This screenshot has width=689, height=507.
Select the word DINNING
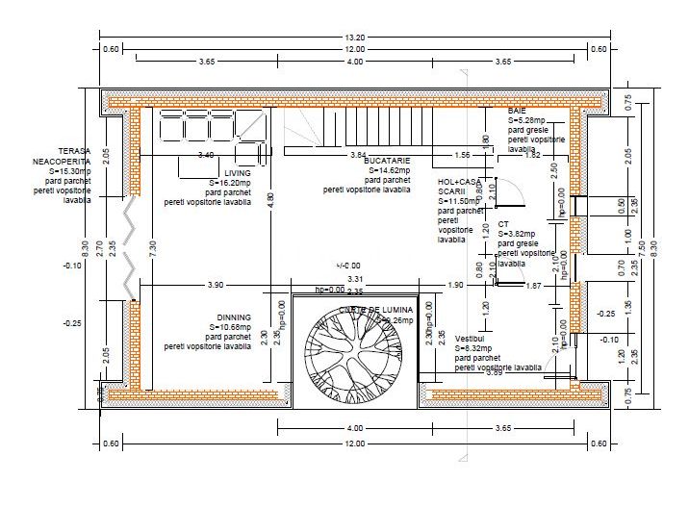tap(234, 317)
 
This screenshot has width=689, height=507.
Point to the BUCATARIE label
tap(387, 161)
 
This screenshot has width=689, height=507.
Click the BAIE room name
tap(517, 112)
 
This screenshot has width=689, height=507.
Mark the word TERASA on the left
tap(74, 152)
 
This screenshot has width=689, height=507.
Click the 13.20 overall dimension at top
tap(355, 38)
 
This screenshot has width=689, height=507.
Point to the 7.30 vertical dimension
tap(152, 246)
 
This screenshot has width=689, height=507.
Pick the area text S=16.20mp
tap(230, 183)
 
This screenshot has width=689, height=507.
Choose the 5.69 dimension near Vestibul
tap(495, 372)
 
